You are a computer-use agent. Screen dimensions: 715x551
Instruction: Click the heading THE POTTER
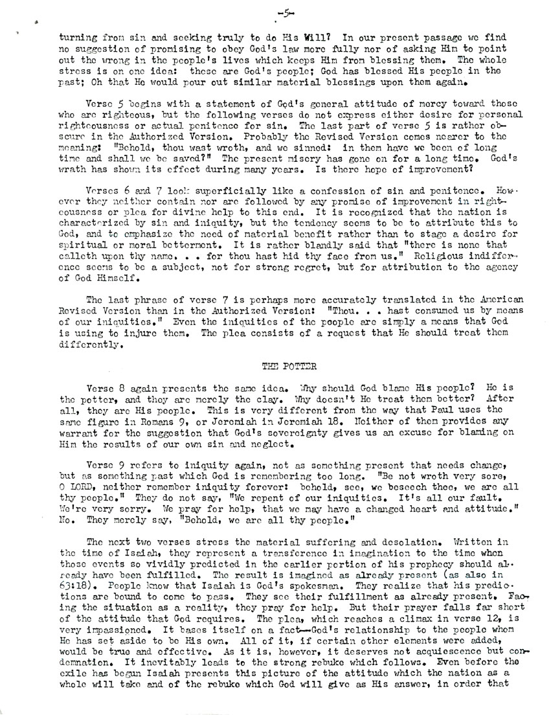click(x=283, y=366)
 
